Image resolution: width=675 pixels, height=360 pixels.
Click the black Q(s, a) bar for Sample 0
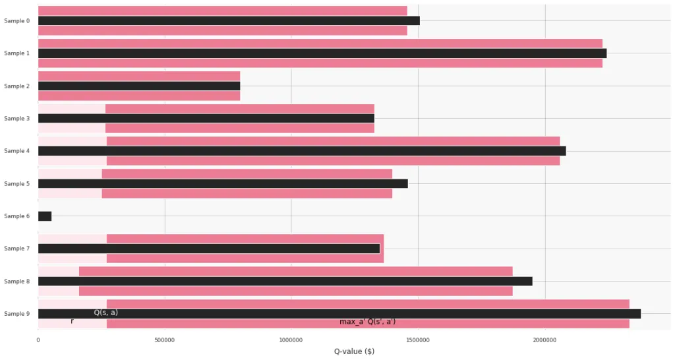(229, 20)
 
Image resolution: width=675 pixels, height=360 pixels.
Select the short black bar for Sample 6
(45, 216)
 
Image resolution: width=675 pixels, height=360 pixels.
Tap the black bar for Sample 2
(139, 86)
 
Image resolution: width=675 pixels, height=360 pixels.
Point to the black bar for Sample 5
(223, 184)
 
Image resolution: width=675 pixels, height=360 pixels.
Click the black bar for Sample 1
(322, 53)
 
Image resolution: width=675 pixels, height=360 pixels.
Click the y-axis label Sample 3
(16, 119)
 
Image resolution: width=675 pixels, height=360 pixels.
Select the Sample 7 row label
(16, 249)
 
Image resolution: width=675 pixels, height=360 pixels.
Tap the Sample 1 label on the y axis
(16, 53)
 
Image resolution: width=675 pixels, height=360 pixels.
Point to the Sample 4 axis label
(16, 151)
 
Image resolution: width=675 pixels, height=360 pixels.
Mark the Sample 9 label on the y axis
(16, 314)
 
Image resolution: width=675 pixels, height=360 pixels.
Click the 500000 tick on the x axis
(165, 340)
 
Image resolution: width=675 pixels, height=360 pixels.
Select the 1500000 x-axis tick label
(418, 340)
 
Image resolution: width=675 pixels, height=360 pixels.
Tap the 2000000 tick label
(544, 340)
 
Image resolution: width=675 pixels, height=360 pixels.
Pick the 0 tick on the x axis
(38, 340)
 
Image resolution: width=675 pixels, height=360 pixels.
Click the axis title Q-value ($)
(354, 351)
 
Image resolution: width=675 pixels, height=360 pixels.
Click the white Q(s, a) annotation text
(105, 313)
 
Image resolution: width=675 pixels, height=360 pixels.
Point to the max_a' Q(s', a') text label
(367, 322)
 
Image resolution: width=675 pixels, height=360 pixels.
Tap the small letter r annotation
(72, 322)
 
